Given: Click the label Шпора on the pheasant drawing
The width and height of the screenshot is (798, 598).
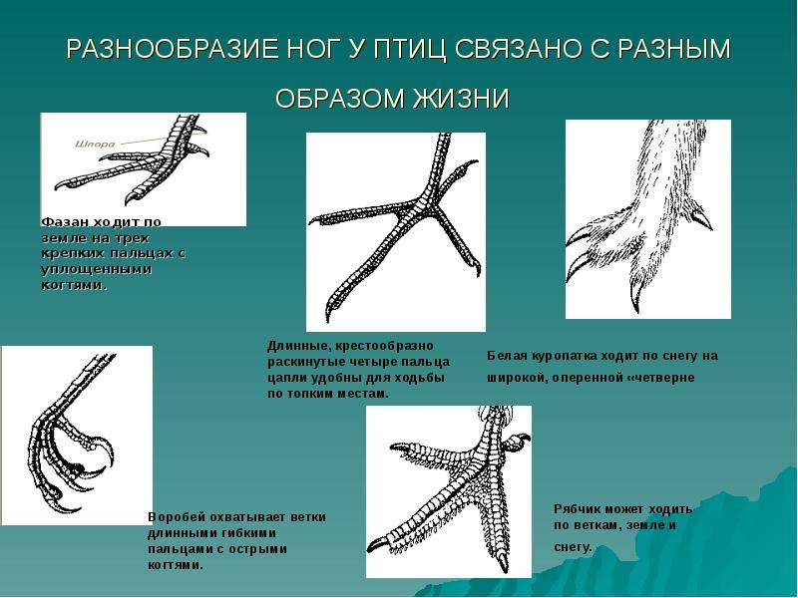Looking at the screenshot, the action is pos(95,144).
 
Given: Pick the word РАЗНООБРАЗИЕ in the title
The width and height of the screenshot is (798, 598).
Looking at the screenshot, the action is pos(173,49).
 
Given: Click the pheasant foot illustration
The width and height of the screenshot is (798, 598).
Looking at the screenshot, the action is pos(143,169).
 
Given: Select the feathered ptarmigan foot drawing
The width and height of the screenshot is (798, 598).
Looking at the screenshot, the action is pos(647,219).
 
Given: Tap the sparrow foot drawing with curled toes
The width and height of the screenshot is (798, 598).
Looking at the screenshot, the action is pos(77,436).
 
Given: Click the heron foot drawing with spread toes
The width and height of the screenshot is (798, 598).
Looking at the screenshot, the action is pos(395,232).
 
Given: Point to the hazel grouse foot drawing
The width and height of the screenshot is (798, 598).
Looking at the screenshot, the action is pos(448,491).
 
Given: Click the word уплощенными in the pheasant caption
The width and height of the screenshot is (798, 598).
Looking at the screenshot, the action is pos(96,269).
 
